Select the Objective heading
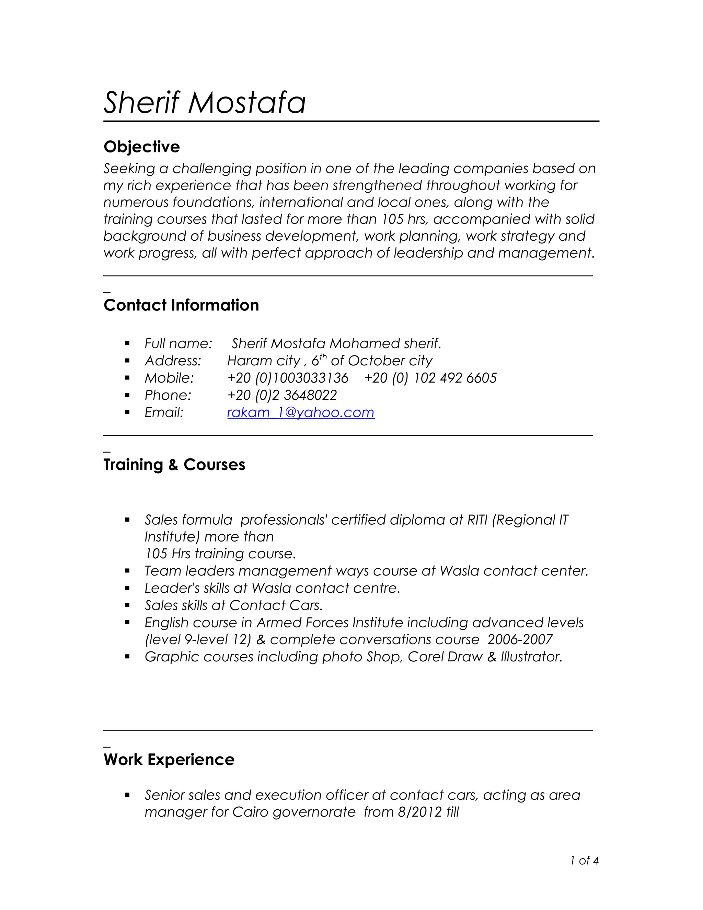click(x=142, y=147)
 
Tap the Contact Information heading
click(x=181, y=305)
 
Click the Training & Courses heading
click(x=174, y=465)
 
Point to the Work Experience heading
click(x=169, y=759)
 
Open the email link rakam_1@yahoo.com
click(x=301, y=412)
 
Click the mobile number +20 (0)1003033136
click(x=287, y=378)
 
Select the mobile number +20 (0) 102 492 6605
click(x=430, y=378)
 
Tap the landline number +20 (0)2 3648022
click(x=282, y=395)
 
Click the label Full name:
click(x=178, y=343)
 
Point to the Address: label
click(x=172, y=361)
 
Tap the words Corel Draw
click(x=445, y=657)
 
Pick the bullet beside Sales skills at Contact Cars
click(x=127, y=605)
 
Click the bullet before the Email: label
click(x=127, y=412)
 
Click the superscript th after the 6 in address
click(x=323, y=357)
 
